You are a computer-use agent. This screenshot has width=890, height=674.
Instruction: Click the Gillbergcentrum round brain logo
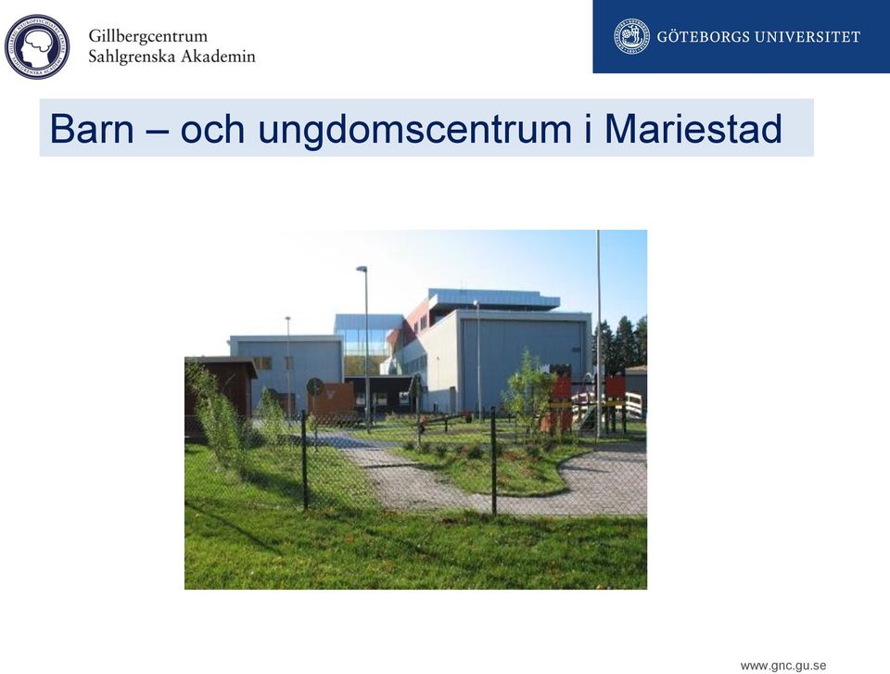[37, 46]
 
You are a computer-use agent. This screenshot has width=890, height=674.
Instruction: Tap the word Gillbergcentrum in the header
[148, 36]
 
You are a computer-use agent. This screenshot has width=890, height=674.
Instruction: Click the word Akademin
[219, 57]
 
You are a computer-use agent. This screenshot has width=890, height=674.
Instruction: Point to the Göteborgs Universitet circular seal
[631, 36]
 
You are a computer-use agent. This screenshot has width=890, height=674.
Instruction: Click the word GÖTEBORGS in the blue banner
[706, 37]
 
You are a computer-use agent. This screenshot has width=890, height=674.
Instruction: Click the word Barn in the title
[92, 128]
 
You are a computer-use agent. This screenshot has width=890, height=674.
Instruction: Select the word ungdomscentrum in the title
[414, 130]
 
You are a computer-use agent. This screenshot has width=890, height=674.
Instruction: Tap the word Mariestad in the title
[693, 128]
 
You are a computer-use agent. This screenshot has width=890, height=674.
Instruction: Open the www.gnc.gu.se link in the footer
[782, 666]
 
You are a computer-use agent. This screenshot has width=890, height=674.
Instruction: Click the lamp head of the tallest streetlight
[362, 269]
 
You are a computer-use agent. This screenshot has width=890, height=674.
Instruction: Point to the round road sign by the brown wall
[314, 388]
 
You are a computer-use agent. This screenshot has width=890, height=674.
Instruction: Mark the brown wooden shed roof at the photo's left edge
[221, 362]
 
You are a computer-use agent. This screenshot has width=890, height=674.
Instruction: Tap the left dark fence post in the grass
[304, 460]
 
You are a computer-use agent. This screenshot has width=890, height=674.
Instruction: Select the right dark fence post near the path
[494, 461]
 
